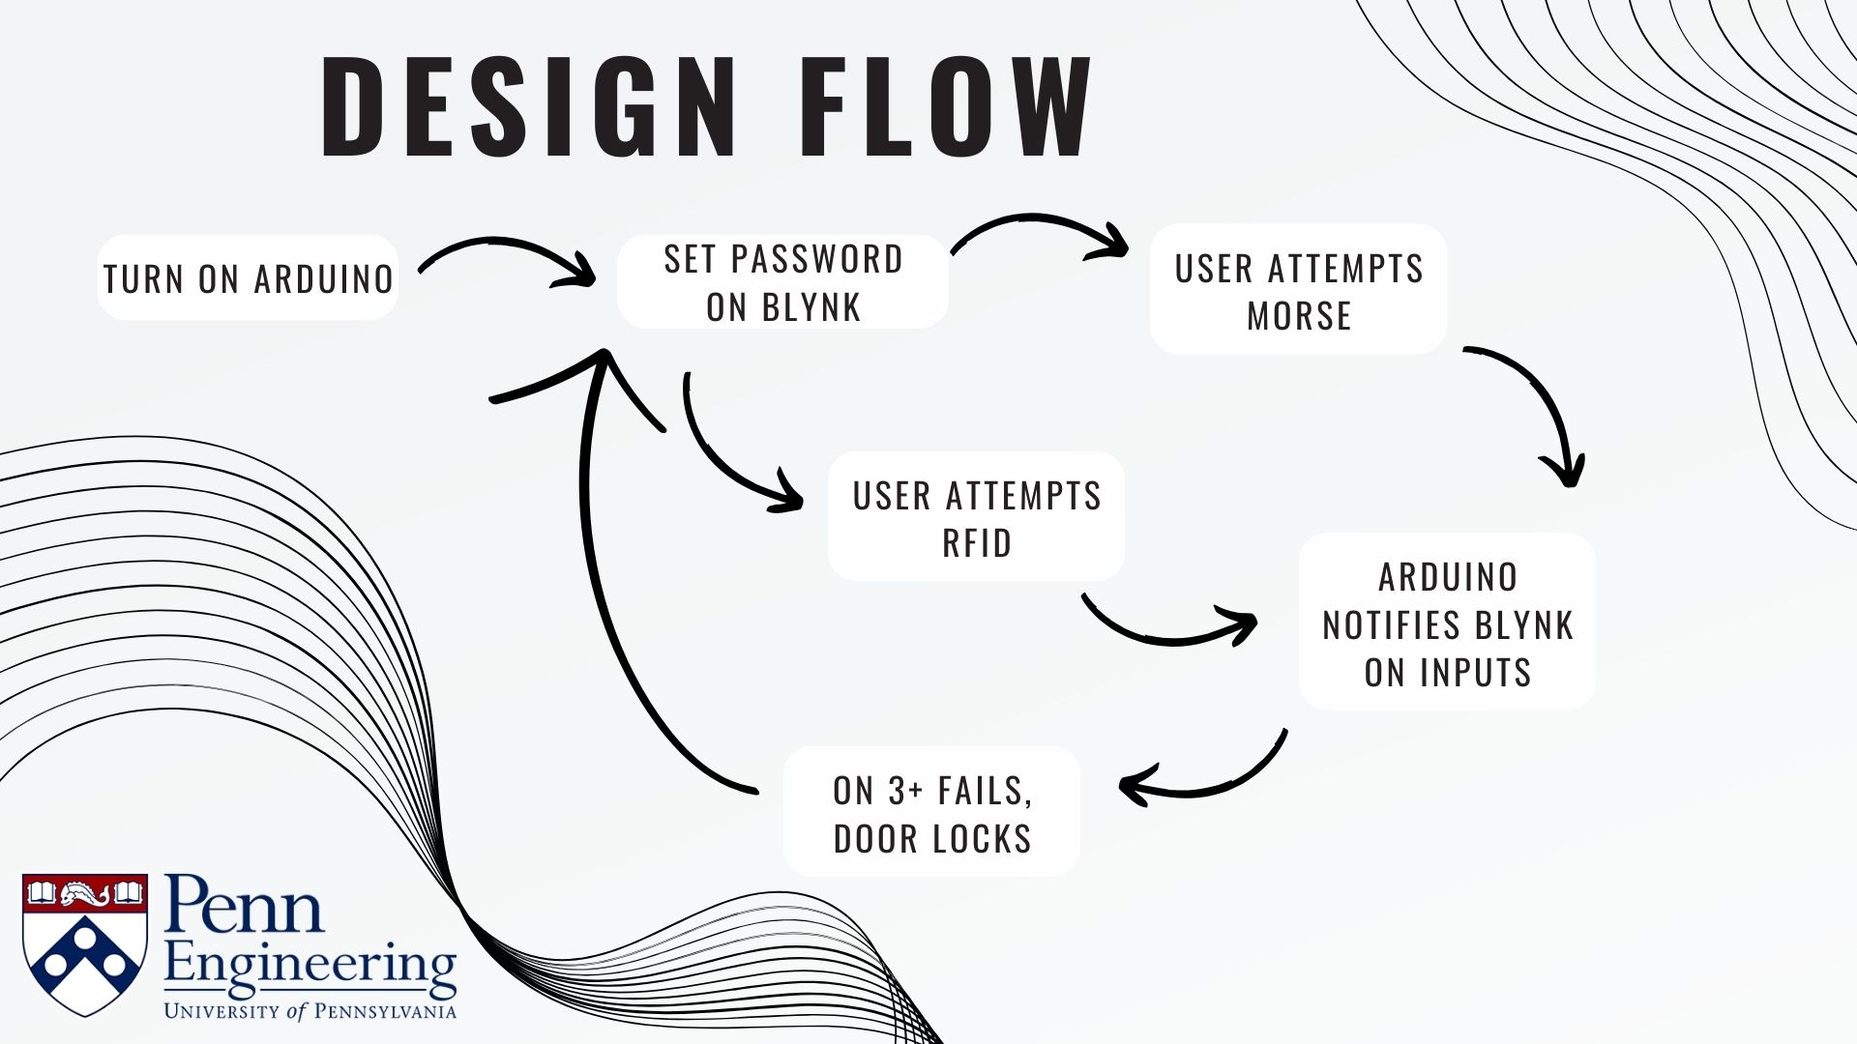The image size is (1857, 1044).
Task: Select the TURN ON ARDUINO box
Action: pyautogui.click(x=248, y=278)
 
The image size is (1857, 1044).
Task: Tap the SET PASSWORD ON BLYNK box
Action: pyautogui.click(x=782, y=282)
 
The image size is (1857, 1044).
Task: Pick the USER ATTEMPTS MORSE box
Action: pyautogui.click(x=1298, y=290)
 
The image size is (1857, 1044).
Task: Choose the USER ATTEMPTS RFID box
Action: pyautogui.click(x=976, y=517)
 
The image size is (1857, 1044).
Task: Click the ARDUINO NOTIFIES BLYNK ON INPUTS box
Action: pyautogui.click(x=1447, y=623)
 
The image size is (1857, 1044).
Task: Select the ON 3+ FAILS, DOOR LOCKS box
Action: pyautogui.click(x=931, y=813)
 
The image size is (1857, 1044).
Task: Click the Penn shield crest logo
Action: pyautogui.click(x=85, y=943)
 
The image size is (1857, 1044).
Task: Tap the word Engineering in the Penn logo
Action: pyautogui.click(x=309, y=968)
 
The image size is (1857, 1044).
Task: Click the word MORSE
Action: pyautogui.click(x=1298, y=316)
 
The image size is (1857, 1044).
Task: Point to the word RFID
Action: pyautogui.click(x=976, y=543)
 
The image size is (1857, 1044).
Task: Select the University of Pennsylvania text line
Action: pyautogui.click(x=309, y=1011)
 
